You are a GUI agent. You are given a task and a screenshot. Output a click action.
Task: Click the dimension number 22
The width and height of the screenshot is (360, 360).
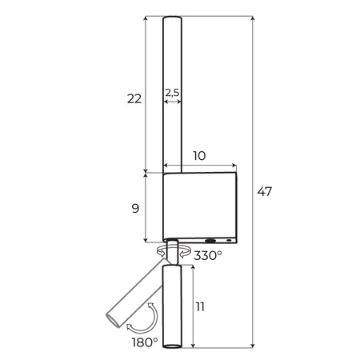point(134,99)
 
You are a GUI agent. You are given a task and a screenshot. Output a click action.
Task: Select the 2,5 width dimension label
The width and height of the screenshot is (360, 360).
point(171,93)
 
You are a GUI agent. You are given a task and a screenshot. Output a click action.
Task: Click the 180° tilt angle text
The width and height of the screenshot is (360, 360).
point(145,342)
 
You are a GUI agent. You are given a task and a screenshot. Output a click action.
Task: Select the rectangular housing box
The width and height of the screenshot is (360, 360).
point(200,206)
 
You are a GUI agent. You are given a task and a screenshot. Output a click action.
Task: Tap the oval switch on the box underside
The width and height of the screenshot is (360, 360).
point(211,240)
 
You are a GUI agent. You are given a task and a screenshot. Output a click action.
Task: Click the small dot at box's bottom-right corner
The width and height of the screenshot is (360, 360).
point(229,240)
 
